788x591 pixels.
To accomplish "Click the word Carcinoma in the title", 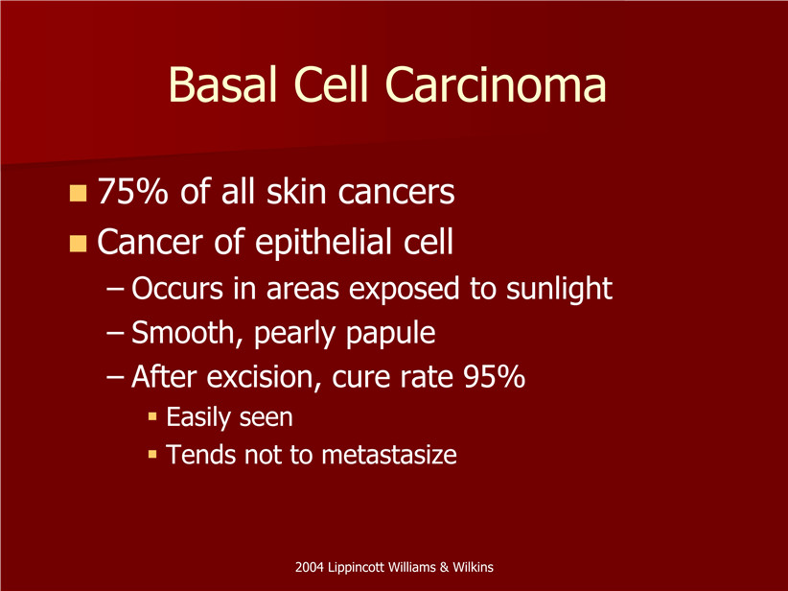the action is click(x=496, y=83).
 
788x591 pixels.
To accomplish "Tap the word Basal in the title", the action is click(x=222, y=83).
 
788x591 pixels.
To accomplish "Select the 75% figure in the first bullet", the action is click(x=132, y=192).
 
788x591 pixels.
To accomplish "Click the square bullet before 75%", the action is click(x=78, y=193).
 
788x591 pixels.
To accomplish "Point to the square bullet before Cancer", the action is click(x=78, y=243).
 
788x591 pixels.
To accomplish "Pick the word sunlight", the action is click(x=559, y=290).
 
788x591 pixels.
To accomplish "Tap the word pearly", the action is click(x=294, y=334).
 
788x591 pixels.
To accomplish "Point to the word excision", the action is click(x=264, y=377).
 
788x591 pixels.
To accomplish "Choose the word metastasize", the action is click(x=389, y=455).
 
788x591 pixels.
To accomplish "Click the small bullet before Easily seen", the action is click(x=152, y=417).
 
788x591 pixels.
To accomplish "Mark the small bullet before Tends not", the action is click(x=152, y=455).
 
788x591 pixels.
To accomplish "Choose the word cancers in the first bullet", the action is click(x=396, y=193).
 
